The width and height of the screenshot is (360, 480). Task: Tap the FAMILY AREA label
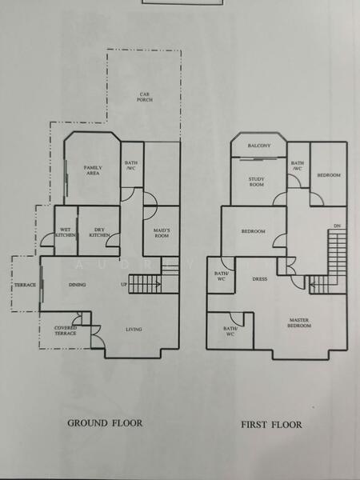pyautogui.click(x=93, y=170)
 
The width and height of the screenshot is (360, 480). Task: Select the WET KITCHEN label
pyautogui.click(x=66, y=233)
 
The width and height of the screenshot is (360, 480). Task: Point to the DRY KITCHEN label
pyautogui.click(x=98, y=233)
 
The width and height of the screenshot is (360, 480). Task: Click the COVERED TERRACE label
pyautogui.click(x=66, y=330)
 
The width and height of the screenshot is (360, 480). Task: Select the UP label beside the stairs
pyautogui.click(x=123, y=285)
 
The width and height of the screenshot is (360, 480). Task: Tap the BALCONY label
pyautogui.click(x=258, y=146)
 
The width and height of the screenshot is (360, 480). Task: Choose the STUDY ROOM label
pyautogui.click(x=256, y=181)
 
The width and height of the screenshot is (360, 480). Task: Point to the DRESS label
pyautogui.click(x=259, y=279)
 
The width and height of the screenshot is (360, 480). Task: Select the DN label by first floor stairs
pyautogui.click(x=337, y=226)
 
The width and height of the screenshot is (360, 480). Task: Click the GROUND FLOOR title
pyautogui.click(x=105, y=423)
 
